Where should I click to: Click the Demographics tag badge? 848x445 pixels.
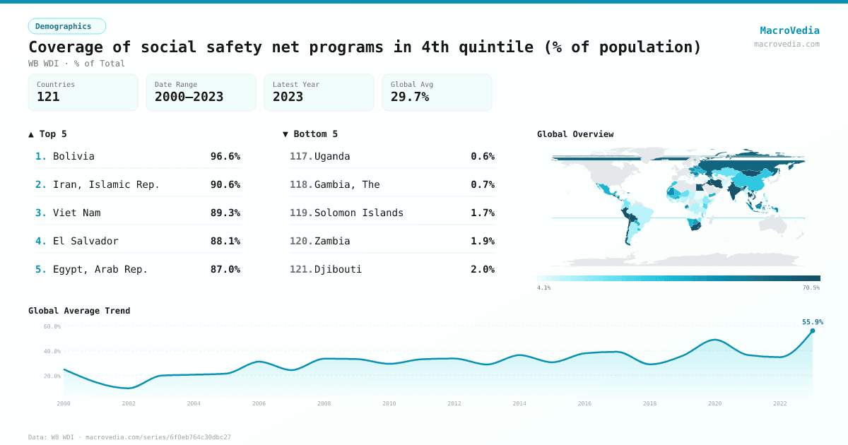66,26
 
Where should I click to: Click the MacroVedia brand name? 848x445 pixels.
789,30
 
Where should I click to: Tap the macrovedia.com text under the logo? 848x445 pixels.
787,44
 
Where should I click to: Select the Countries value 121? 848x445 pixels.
48,97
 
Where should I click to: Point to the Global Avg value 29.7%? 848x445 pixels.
410,97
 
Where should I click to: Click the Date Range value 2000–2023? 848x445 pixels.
189,97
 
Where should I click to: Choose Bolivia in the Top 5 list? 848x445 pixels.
73,156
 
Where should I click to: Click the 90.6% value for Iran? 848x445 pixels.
225,184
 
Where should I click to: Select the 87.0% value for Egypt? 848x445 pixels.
225,269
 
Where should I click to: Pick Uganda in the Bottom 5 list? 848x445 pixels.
332,156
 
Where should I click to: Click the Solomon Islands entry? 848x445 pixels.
359,213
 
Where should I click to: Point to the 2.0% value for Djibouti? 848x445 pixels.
483,269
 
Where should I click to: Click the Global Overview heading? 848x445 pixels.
575,134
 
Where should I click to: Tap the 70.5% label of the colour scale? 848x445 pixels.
811,287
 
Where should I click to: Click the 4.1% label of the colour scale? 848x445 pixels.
544,287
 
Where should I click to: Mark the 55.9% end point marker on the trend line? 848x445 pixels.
812,331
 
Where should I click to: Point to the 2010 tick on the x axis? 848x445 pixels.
389,403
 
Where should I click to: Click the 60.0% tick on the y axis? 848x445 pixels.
52,326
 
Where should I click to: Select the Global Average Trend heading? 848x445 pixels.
79,311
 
